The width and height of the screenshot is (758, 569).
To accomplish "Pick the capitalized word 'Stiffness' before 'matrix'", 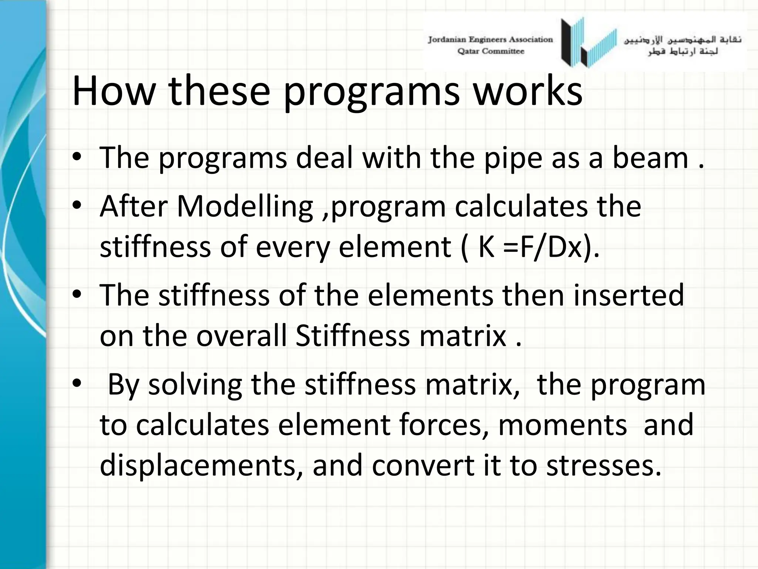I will [353, 336].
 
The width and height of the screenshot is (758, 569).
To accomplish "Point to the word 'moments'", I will [562, 425].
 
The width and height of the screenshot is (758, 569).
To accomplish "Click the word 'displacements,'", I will [201, 466].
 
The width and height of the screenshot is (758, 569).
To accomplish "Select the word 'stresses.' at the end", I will [604, 466].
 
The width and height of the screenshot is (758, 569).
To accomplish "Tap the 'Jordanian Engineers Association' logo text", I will [490, 40].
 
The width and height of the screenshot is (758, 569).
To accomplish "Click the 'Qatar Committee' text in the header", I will [490, 51].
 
